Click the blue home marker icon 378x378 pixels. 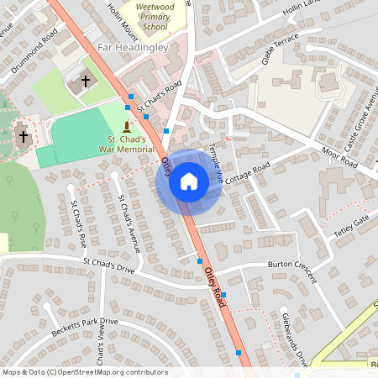[x=189, y=181]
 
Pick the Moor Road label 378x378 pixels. [x=339, y=157]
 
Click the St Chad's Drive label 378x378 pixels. [x=108, y=266]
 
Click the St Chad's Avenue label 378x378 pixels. [x=130, y=222]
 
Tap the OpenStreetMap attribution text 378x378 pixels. [x=85, y=372]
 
